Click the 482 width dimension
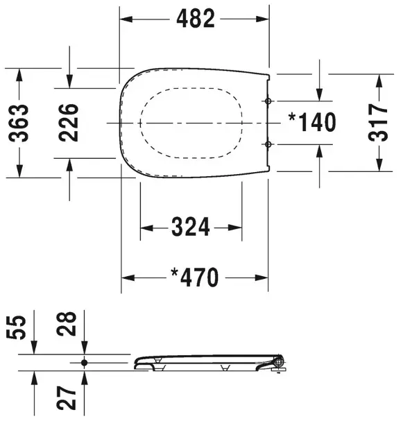click(194, 19)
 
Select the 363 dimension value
click(20, 122)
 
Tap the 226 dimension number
click(68, 122)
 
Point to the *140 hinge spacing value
click(312, 123)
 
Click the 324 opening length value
click(191, 227)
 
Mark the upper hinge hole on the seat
click(269, 101)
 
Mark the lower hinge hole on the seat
click(269, 144)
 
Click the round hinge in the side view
click(279, 361)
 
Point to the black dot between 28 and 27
click(84, 362)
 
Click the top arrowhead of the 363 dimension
click(20, 73)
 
